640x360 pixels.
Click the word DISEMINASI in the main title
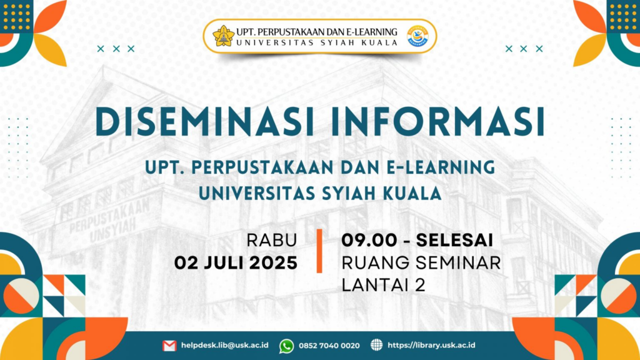[x=204, y=121]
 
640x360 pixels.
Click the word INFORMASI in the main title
[x=438, y=121]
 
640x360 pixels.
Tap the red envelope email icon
[x=169, y=346]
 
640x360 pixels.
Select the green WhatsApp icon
[x=286, y=346]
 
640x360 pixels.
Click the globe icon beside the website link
[x=376, y=345]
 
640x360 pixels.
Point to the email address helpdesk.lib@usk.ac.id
[x=224, y=345]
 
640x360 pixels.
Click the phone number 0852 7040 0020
[x=329, y=346]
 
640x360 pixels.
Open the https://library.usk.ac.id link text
[x=431, y=345]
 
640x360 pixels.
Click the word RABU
[x=271, y=241]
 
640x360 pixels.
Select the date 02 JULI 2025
[x=236, y=263]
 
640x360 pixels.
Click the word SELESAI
[x=454, y=241]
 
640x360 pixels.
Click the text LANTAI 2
[x=383, y=285]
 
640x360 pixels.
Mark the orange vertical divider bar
[x=319, y=251]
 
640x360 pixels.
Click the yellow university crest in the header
[x=223, y=36]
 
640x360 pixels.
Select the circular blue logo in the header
[x=417, y=36]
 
